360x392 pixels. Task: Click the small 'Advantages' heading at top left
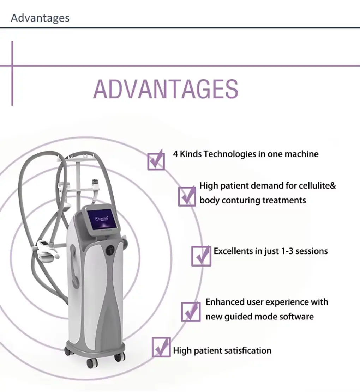[x=40, y=18]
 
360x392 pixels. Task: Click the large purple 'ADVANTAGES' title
[x=166, y=89]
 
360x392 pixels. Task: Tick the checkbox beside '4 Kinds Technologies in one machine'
[x=156, y=160]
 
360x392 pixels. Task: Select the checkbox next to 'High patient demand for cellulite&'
[x=187, y=196]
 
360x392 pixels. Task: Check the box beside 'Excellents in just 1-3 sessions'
[x=201, y=256]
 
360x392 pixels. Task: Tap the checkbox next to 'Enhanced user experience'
[x=191, y=312]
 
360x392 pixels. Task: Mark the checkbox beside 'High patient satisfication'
[x=161, y=347]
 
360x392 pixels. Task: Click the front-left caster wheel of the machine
[x=92, y=363]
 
